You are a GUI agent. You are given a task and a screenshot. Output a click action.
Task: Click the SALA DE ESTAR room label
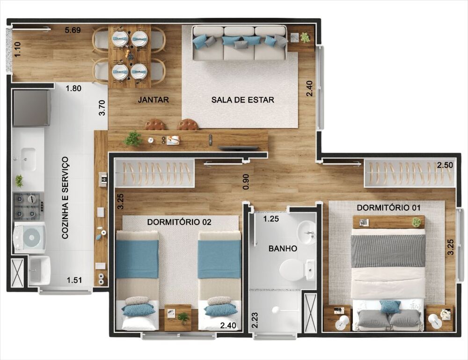(242, 100)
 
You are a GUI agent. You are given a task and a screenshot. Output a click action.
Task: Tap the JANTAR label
(153, 100)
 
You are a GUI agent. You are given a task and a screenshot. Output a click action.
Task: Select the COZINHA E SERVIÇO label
(65, 198)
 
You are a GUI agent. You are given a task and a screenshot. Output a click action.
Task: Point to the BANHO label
(282, 249)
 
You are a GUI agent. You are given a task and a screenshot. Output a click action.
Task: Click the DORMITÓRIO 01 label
(389, 207)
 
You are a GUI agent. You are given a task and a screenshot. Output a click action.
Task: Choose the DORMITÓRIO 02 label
(179, 222)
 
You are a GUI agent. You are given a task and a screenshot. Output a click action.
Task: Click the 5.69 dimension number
(73, 30)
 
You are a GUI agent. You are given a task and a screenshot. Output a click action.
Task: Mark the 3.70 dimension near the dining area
(102, 107)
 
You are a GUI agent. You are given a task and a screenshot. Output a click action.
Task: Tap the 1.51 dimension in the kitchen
(74, 280)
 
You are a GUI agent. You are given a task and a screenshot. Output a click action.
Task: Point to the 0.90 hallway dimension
(246, 182)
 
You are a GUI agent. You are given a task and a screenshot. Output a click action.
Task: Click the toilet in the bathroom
(292, 270)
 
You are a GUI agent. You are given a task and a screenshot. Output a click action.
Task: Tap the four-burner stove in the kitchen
(27, 206)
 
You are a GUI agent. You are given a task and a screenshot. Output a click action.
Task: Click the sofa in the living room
(240, 43)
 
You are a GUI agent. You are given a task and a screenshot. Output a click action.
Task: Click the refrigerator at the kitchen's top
(31, 108)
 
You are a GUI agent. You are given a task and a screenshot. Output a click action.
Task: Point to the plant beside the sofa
(305, 37)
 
